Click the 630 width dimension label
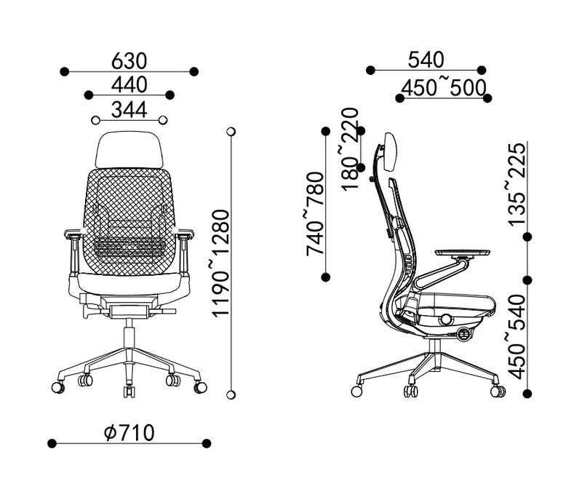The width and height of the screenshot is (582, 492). (129, 60)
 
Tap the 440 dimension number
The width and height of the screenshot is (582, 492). (129, 84)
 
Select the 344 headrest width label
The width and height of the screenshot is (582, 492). (129, 109)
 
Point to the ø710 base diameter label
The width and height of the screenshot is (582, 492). (129, 433)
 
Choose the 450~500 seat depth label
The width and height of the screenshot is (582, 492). (444, 87)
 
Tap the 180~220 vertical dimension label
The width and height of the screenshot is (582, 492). (350, 143)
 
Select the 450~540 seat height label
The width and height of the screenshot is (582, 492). (517, 336)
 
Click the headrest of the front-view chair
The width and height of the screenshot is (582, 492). (128, 148)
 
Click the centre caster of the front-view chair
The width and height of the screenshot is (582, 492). (129, 392)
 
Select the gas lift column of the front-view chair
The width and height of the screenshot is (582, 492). (129, 336)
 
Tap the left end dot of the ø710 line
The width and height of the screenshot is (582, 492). (52, 443)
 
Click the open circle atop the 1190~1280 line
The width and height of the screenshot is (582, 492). (231, 132)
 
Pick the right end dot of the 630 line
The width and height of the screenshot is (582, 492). (194, 71)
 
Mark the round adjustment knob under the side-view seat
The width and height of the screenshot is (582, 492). (446, 320)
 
